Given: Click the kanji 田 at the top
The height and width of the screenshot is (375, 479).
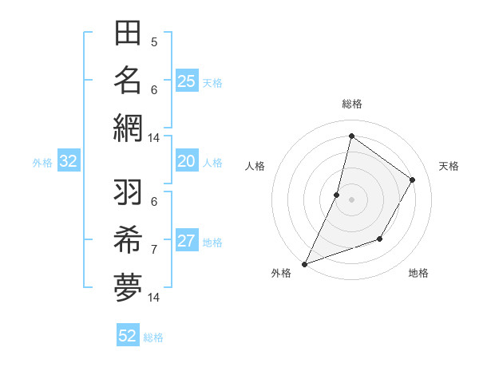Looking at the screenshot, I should (128, 34).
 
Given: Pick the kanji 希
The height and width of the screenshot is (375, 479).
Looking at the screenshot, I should (128, 240).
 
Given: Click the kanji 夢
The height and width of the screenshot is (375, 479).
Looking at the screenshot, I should (128, 286).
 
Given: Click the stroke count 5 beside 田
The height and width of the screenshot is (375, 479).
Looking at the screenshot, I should (154, 42).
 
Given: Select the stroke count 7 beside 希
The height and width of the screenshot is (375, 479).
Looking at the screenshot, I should (154, 249).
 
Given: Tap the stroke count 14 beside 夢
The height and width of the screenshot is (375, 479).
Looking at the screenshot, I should (154, 298).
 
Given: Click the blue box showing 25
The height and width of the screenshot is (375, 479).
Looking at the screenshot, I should (186, 81).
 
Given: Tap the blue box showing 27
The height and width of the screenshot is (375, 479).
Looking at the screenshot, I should (186, 242).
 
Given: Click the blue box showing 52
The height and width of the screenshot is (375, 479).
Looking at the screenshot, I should (128, 336).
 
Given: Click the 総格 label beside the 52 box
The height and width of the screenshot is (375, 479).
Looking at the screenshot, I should (153, 337).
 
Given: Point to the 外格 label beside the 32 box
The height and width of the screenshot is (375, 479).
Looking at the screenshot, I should (42, 163).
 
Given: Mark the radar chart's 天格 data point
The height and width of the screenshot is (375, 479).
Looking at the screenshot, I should (413, 180).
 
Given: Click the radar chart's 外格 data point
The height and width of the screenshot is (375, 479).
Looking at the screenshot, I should (304, 263).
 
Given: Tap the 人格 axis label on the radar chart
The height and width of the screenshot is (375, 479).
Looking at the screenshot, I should (255, 166).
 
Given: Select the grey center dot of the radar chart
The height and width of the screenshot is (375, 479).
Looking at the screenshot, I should (351, 199).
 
